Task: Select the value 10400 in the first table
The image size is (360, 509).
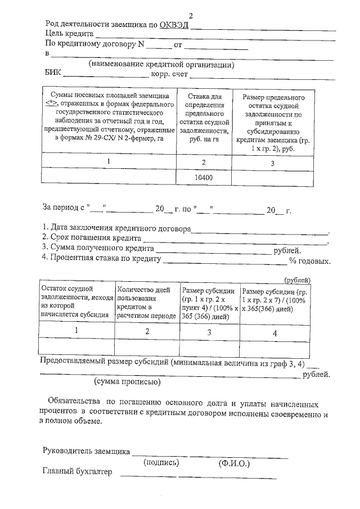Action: point(204,178)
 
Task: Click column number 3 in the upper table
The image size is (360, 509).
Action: point(272,163)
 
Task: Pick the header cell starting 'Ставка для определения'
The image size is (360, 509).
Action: point(204,121)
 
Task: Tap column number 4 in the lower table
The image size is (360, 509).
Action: point(274,332)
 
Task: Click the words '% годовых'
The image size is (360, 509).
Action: point(309,261)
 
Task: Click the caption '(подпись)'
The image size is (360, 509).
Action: point(161,463)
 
